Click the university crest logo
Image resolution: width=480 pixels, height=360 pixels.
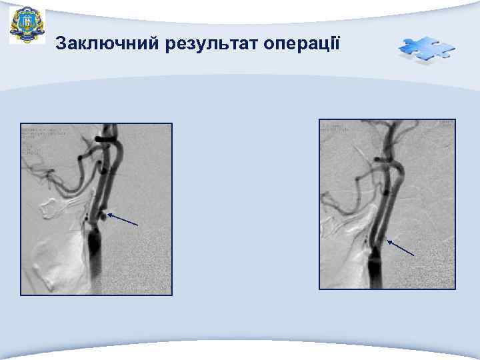[x=27, y=25]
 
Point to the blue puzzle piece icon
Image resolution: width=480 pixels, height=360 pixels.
[x=427, y=49]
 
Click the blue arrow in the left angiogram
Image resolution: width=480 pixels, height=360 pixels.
[x=123, y=219]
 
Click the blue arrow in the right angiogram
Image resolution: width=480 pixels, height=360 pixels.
[x=401, y=247]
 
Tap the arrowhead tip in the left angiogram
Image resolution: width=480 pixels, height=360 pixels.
[x=109, y=213]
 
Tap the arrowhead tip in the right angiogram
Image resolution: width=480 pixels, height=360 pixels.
[x=388, y=240]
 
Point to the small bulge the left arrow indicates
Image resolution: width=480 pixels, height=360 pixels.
[x=101, y=215]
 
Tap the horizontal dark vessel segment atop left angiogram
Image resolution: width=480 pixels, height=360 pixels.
[x=104, y=139]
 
